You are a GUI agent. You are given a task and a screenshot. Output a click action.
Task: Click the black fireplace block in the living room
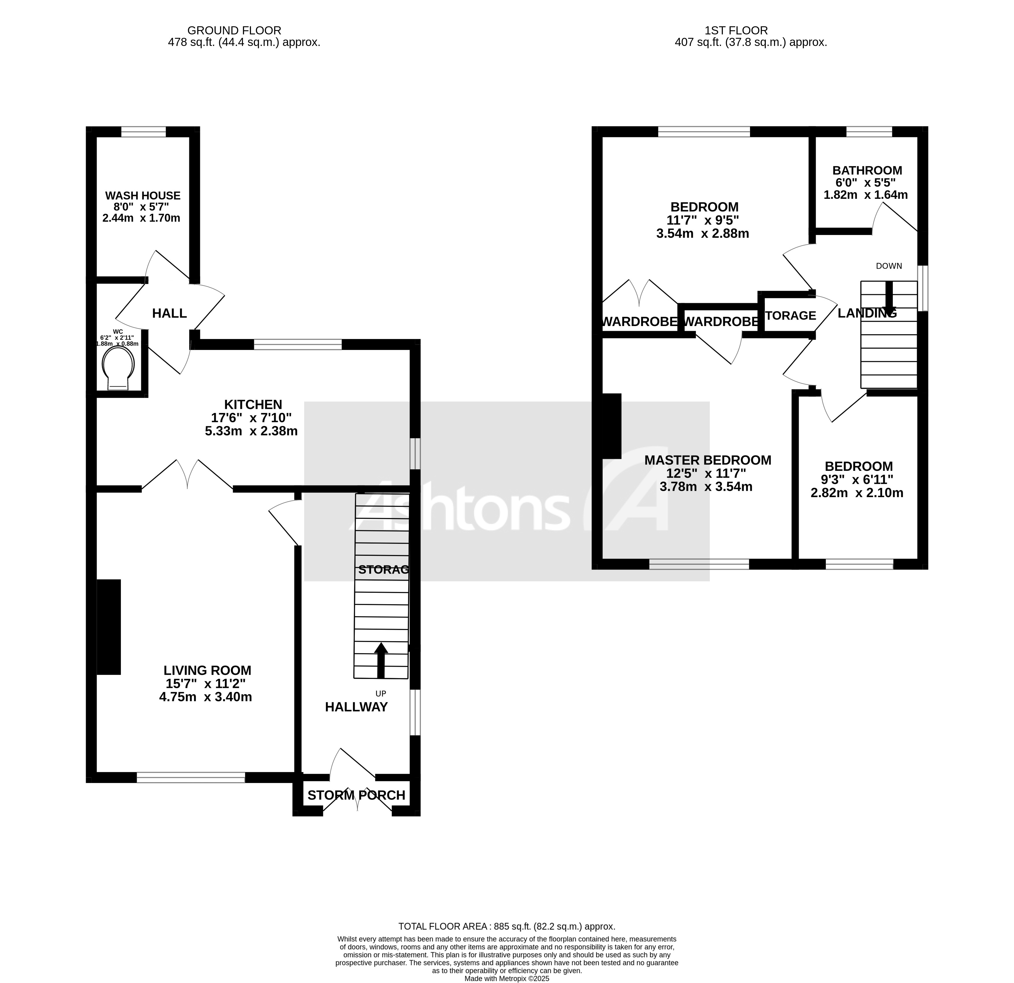pyautogui.click(x=109, y=627)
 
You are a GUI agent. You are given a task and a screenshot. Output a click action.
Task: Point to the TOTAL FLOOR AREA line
pyautogui.click(x=507, y=926)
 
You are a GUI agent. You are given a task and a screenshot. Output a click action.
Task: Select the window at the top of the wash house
pyautogui.click(x=143, y=132)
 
